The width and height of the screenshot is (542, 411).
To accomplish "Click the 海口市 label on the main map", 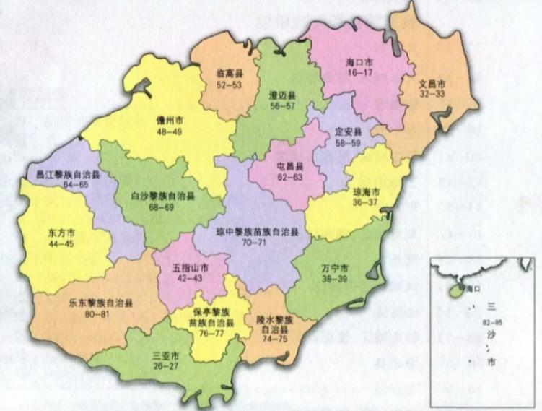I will click(359, 61).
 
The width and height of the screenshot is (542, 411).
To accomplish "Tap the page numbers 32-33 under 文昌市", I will click(433, 94).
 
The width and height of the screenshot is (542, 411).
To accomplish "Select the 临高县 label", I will click(228, 73).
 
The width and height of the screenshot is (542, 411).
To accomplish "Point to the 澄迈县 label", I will click(263, 95).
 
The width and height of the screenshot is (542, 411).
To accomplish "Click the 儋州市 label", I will click(170, 121).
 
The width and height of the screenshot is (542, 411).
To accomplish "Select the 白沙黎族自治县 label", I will click(163, 196).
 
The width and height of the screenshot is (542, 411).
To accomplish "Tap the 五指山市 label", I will click(191, 267).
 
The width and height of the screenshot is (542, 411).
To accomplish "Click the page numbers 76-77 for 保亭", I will click(211, 335).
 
